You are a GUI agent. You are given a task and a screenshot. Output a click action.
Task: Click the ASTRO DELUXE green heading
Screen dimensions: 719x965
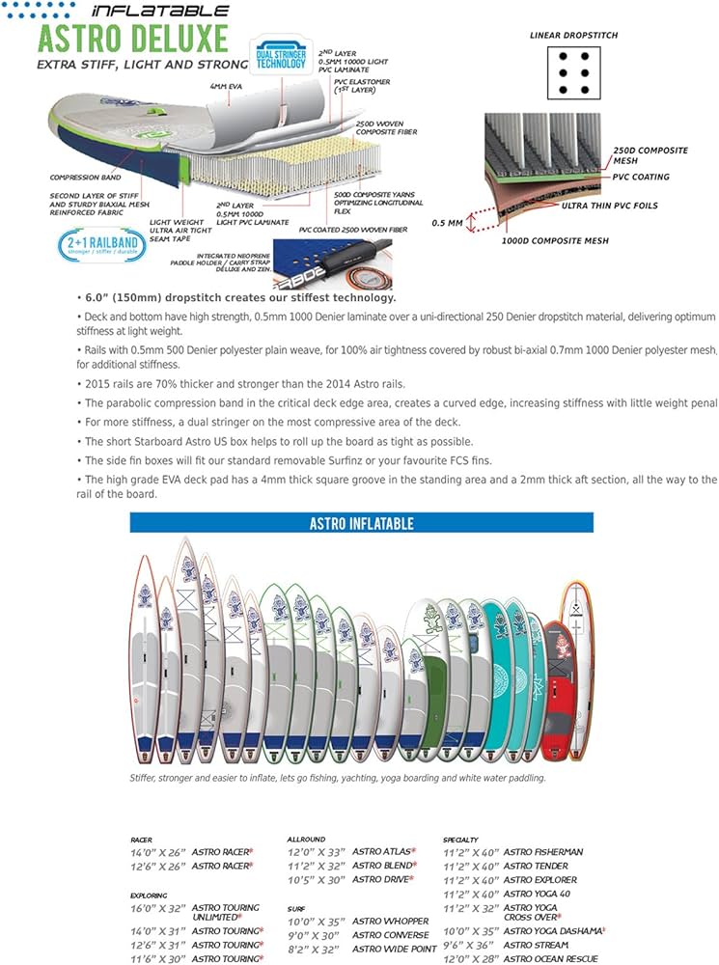(x=134, y=40)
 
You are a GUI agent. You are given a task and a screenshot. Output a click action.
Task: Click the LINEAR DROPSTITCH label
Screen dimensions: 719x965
(x=573, y=36)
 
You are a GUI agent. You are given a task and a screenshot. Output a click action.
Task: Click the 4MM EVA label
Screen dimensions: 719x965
(x=227, y=87)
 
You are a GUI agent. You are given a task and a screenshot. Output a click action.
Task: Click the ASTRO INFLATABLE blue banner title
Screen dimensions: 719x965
(x=361, y=523)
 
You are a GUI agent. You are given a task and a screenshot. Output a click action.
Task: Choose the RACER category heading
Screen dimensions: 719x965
(x=141, y=841)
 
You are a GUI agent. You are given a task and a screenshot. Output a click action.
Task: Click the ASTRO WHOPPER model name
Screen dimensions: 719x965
(x=390, y=922)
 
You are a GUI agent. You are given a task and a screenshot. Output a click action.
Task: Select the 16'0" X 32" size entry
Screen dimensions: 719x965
(x=156, y=908)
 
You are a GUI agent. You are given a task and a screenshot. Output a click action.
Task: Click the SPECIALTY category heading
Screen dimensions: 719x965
(x=460, y=841)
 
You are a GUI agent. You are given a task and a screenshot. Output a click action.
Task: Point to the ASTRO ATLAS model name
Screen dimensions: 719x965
(x=382, y=852)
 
